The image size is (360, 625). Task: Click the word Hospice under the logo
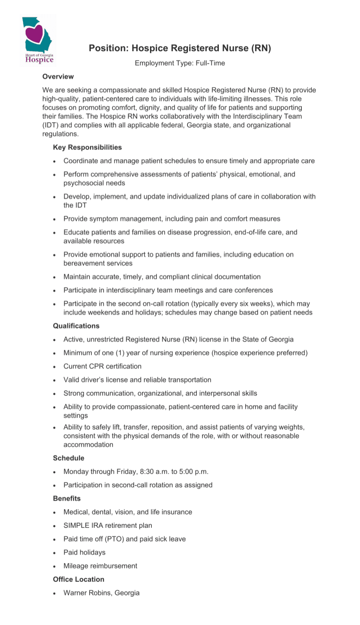(x=39, y=59)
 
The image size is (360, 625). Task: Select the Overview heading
(x=58, y=76)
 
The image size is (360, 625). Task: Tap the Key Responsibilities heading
(x=87, y=147)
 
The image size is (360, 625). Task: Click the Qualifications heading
(x=76, y=326)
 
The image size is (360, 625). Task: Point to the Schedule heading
(x=68, y=458)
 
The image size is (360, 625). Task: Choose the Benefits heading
(x=67, y=498)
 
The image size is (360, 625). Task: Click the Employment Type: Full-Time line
(x=180, y=63)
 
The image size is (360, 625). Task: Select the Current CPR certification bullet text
(x=102, y=366)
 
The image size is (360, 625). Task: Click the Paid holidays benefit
(x=84, y=552)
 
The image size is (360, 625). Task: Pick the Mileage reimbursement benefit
(x=100, y=566)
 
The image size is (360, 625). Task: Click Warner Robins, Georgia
(x=101, y=593)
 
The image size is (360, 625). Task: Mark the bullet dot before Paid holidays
(x=54, y=553)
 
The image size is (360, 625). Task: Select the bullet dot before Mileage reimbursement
(x=54, y=566)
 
